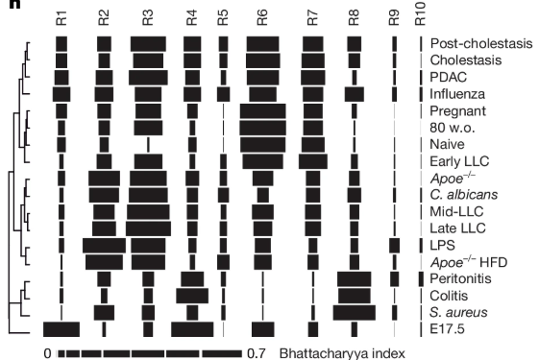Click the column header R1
pos(62,18)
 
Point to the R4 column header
pos(192,18)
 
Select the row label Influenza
pos(455,94)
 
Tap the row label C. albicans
pos(463,194)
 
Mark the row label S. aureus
pos(458,311)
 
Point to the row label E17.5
pos(448,328)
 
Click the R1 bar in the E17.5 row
pos(61,328)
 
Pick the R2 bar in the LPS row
pos(104,244)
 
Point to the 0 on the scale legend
pos(47,353)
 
